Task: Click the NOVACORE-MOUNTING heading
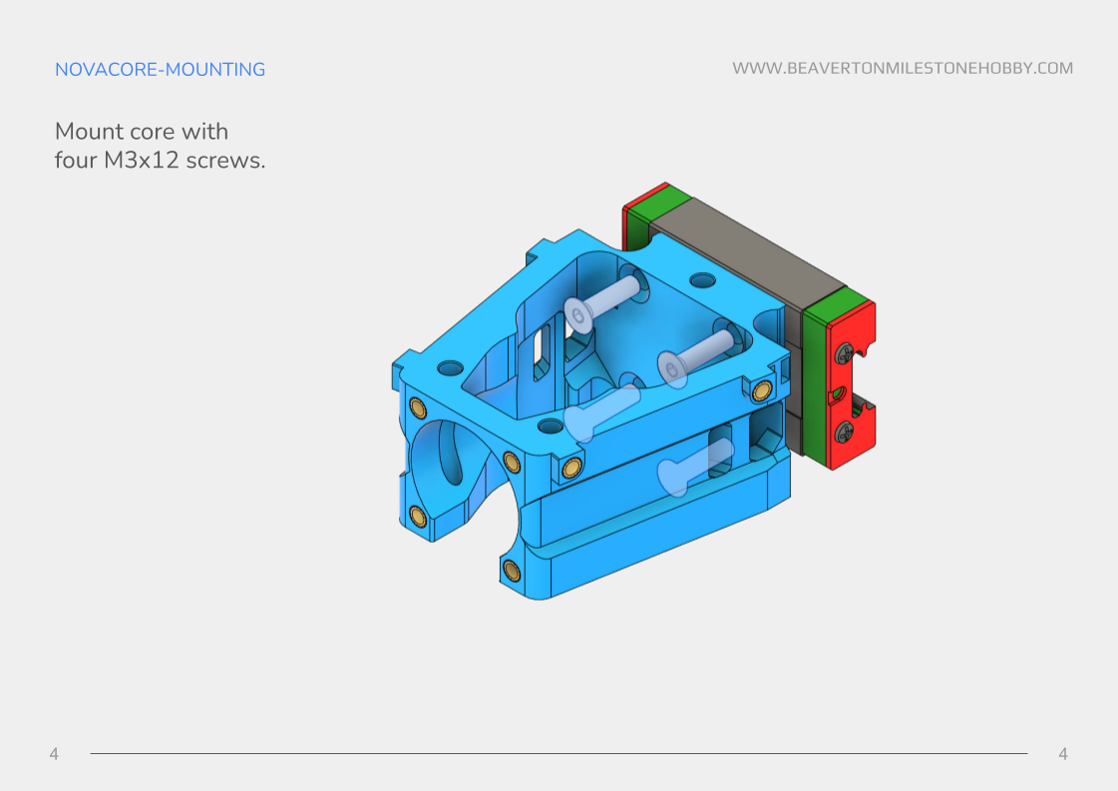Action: [160, 70]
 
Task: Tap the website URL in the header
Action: [903, 69]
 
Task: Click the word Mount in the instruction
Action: [90, 132]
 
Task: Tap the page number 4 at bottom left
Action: [54, 754]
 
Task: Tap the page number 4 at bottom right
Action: [1062, 754]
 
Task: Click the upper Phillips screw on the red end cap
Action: [845, 351]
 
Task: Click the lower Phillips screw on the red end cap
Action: [845, 431]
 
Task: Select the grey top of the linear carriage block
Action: [738, 249]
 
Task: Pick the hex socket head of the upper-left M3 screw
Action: [579, 315]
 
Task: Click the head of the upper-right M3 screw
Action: [674, 370]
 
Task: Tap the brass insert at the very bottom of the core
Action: [512, 570]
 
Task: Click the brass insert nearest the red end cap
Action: [763, 389]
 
